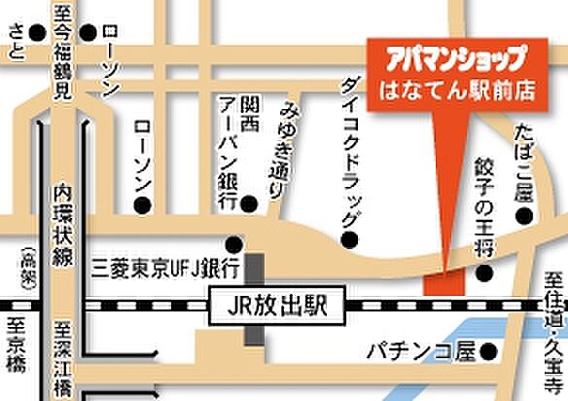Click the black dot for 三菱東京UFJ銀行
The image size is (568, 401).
pyautogui.click(x=233, y=242)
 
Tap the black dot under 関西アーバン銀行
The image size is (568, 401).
pyautogui.click(x=250, y=203)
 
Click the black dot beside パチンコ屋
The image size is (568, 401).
pyautogui.click(x=491, y=350)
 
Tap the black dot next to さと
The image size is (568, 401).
pyautogui.click(x=37, y=32)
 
